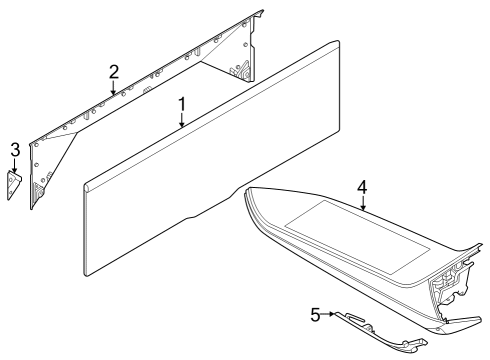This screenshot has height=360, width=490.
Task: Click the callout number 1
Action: pos(182,103)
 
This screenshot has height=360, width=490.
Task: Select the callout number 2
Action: pos(114,71)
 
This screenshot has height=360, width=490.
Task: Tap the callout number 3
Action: pos(15,150)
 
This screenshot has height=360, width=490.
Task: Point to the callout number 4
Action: pos(363,186)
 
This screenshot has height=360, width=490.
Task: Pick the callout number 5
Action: pos(316,315)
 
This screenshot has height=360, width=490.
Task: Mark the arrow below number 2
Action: pos(114,88)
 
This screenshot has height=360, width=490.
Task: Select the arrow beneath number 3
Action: pos(15,167)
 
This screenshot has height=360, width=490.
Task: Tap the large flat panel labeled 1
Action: pos(220,160)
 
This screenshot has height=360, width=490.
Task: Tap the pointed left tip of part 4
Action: pos(247,196)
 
